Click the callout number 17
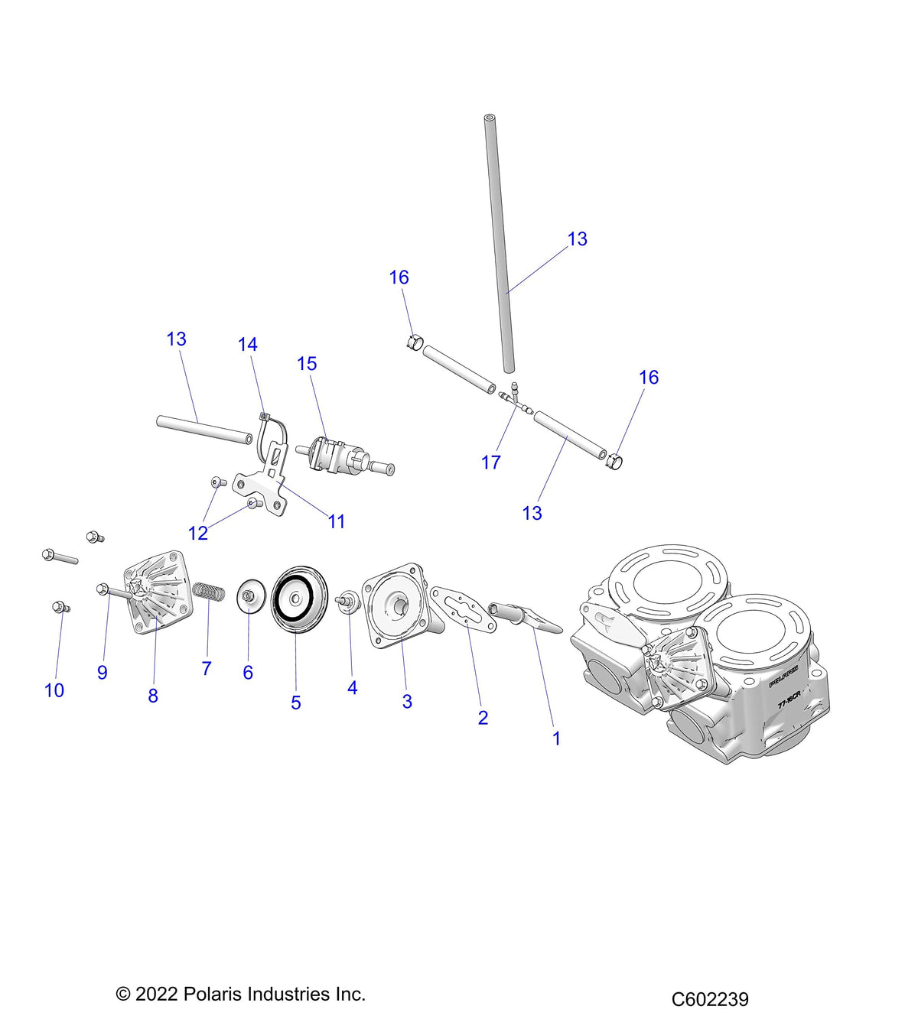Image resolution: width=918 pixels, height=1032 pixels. [490, 462]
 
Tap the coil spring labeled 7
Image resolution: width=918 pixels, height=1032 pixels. [209, 592]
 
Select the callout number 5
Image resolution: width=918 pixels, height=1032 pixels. [295, 703]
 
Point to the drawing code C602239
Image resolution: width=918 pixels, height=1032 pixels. [709, 999]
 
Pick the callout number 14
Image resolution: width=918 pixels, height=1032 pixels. [248, 345]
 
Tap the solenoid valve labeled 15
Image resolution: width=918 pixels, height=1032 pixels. [345, 456]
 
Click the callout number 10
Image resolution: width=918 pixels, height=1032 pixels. [54, 691]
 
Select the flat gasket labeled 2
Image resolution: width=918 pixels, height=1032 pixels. [464, 608]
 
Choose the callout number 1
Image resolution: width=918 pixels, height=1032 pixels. [556, 738]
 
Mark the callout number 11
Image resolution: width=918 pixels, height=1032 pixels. [337, 521]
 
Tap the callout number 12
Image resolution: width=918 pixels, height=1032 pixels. [198, 534]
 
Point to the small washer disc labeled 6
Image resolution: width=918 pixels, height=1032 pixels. [249, 596]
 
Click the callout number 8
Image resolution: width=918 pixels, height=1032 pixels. [153, 696]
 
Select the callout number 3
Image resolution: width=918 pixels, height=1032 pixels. [407, 702]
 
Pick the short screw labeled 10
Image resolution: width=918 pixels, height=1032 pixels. [61, 607]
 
